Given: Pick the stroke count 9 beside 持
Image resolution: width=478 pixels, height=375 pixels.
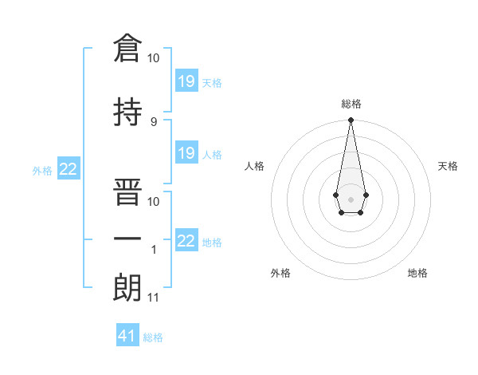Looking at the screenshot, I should point(153,121).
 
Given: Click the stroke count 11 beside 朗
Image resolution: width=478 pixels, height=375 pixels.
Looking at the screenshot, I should point(153,298).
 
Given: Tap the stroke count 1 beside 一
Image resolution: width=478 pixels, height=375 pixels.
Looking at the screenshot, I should point(153,250).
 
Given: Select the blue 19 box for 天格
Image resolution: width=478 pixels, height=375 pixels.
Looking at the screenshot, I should point(186,81).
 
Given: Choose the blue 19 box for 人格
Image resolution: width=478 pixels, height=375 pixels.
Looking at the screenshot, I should point(186,153).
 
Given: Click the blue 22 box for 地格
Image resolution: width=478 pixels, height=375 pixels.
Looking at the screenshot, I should point(186,241).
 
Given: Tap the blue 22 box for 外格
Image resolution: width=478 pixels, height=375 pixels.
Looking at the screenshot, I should point(69,168).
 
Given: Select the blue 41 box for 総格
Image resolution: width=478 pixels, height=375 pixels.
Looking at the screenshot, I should point(127,336).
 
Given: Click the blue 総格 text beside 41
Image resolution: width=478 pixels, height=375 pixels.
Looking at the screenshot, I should point(153,337).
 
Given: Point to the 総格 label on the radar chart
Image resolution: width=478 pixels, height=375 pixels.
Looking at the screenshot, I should point(351,104).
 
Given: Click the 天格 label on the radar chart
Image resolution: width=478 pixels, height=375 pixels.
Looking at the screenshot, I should point(448,166).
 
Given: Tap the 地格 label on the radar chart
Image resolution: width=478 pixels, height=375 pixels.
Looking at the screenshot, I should point(417,273).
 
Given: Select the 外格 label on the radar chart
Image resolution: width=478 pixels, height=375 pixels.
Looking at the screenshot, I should point(280,273).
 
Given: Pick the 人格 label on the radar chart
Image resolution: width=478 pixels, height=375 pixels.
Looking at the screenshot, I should point(255,166).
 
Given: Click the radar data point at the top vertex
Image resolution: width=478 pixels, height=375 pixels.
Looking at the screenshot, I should point(351,120).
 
